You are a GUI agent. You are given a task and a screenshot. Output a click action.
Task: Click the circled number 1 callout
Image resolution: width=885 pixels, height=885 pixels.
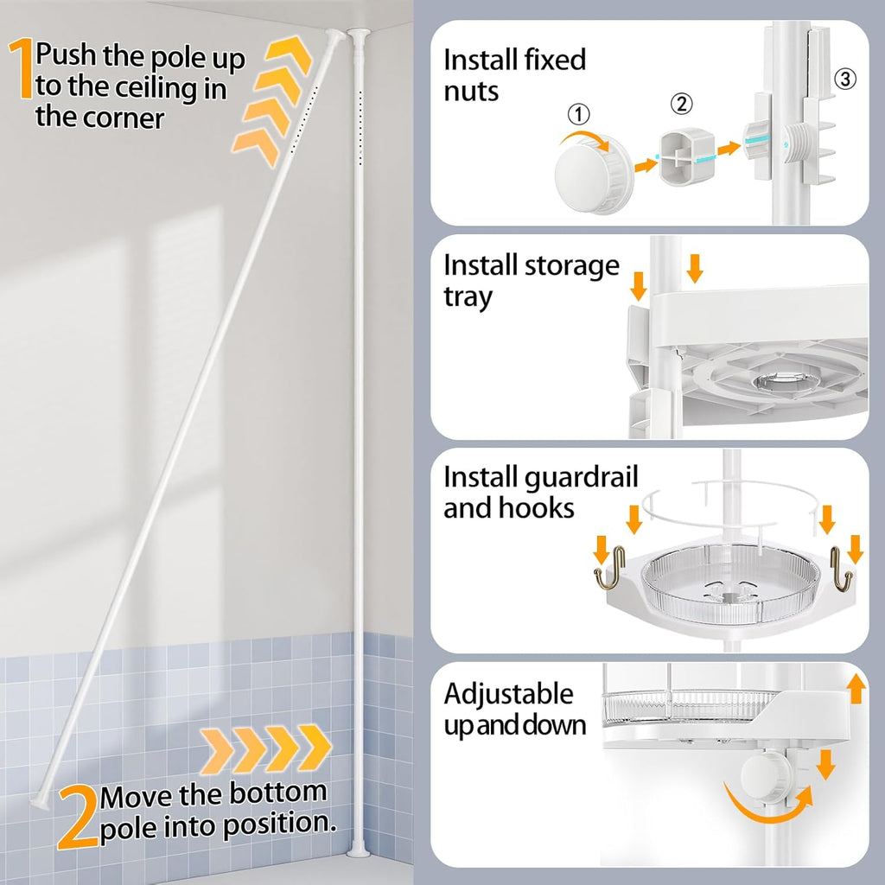tap(579, 113)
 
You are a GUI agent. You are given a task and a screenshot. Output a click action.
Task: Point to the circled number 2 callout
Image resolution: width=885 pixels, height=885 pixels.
tap(682, 105)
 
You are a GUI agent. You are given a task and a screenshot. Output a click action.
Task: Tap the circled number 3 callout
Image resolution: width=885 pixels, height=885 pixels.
tap(846, 80)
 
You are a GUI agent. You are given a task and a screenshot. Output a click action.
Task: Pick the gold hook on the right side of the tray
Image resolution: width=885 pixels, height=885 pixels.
tap(841, 573)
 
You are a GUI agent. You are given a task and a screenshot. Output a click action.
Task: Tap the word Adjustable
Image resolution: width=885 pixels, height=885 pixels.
tap(508, 693)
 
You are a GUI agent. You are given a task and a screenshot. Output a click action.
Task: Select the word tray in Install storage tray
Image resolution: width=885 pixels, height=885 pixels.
tap(468, 296)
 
